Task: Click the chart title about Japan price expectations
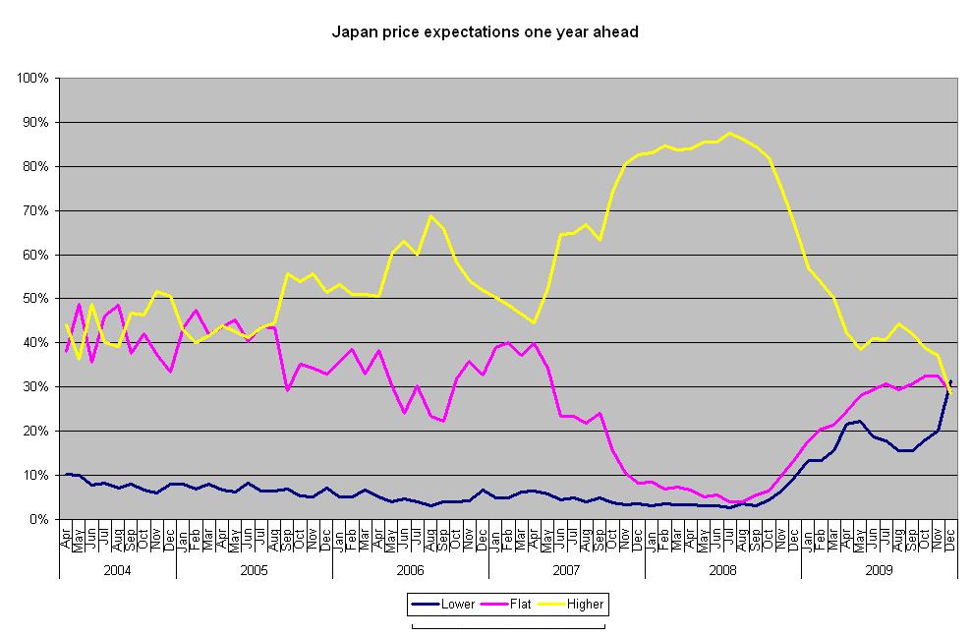point(485,32)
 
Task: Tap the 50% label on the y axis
point(37,299)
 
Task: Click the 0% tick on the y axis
point(40,519)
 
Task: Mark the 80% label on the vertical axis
point(37,166)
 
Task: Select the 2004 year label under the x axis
point(117,569)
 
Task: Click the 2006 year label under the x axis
point(410,569)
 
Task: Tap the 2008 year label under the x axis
point(722,569)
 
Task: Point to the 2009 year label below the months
point(879,569)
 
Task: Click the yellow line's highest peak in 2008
point(728,133)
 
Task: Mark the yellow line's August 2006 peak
point(429,216)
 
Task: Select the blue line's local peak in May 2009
point(859,421)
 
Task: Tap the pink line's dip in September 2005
point(287,390)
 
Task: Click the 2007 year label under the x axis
point(566,569)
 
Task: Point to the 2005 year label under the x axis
point(254,569)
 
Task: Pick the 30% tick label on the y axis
point(37,386)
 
